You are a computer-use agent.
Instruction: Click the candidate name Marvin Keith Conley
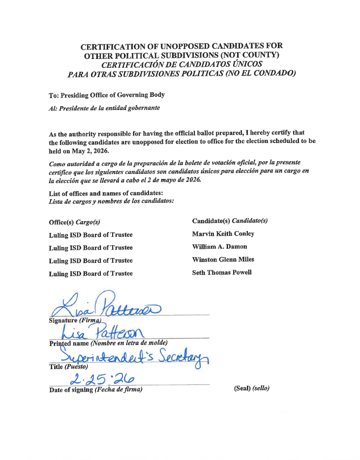pos(223,234)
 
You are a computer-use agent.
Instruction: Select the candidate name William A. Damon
pos(219,247)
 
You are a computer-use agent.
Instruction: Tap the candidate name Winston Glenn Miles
pos(223,259)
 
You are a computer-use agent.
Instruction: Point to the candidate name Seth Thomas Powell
pos(221,273)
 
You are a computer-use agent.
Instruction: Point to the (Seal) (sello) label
pos(252,389)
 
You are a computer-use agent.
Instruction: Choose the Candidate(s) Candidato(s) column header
pos(230,221)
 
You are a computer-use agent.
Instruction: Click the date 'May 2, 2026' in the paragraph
pos(85,151)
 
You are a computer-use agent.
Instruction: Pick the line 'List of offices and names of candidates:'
pos(102,193)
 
